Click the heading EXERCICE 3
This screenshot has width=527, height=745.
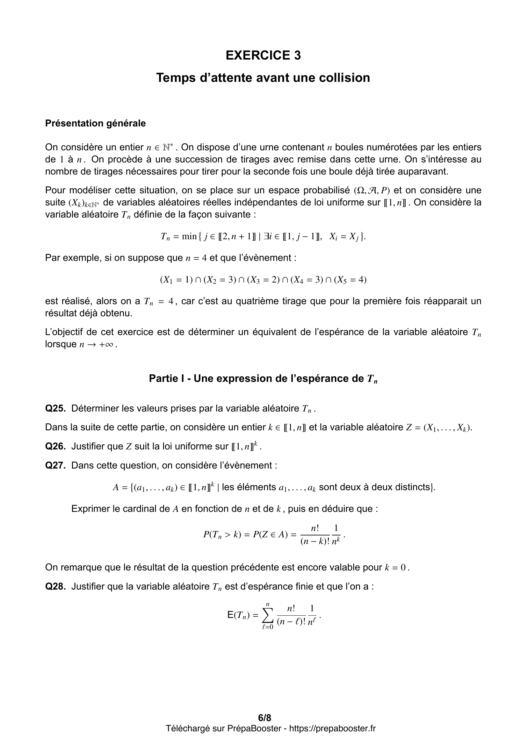[x=263, y=55]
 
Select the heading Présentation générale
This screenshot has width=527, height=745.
[x=95, y=123]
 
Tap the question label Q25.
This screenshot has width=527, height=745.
[x=55, y=408]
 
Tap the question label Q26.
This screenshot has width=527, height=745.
[x=55, y=447]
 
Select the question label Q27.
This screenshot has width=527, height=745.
[x=55, y=465]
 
